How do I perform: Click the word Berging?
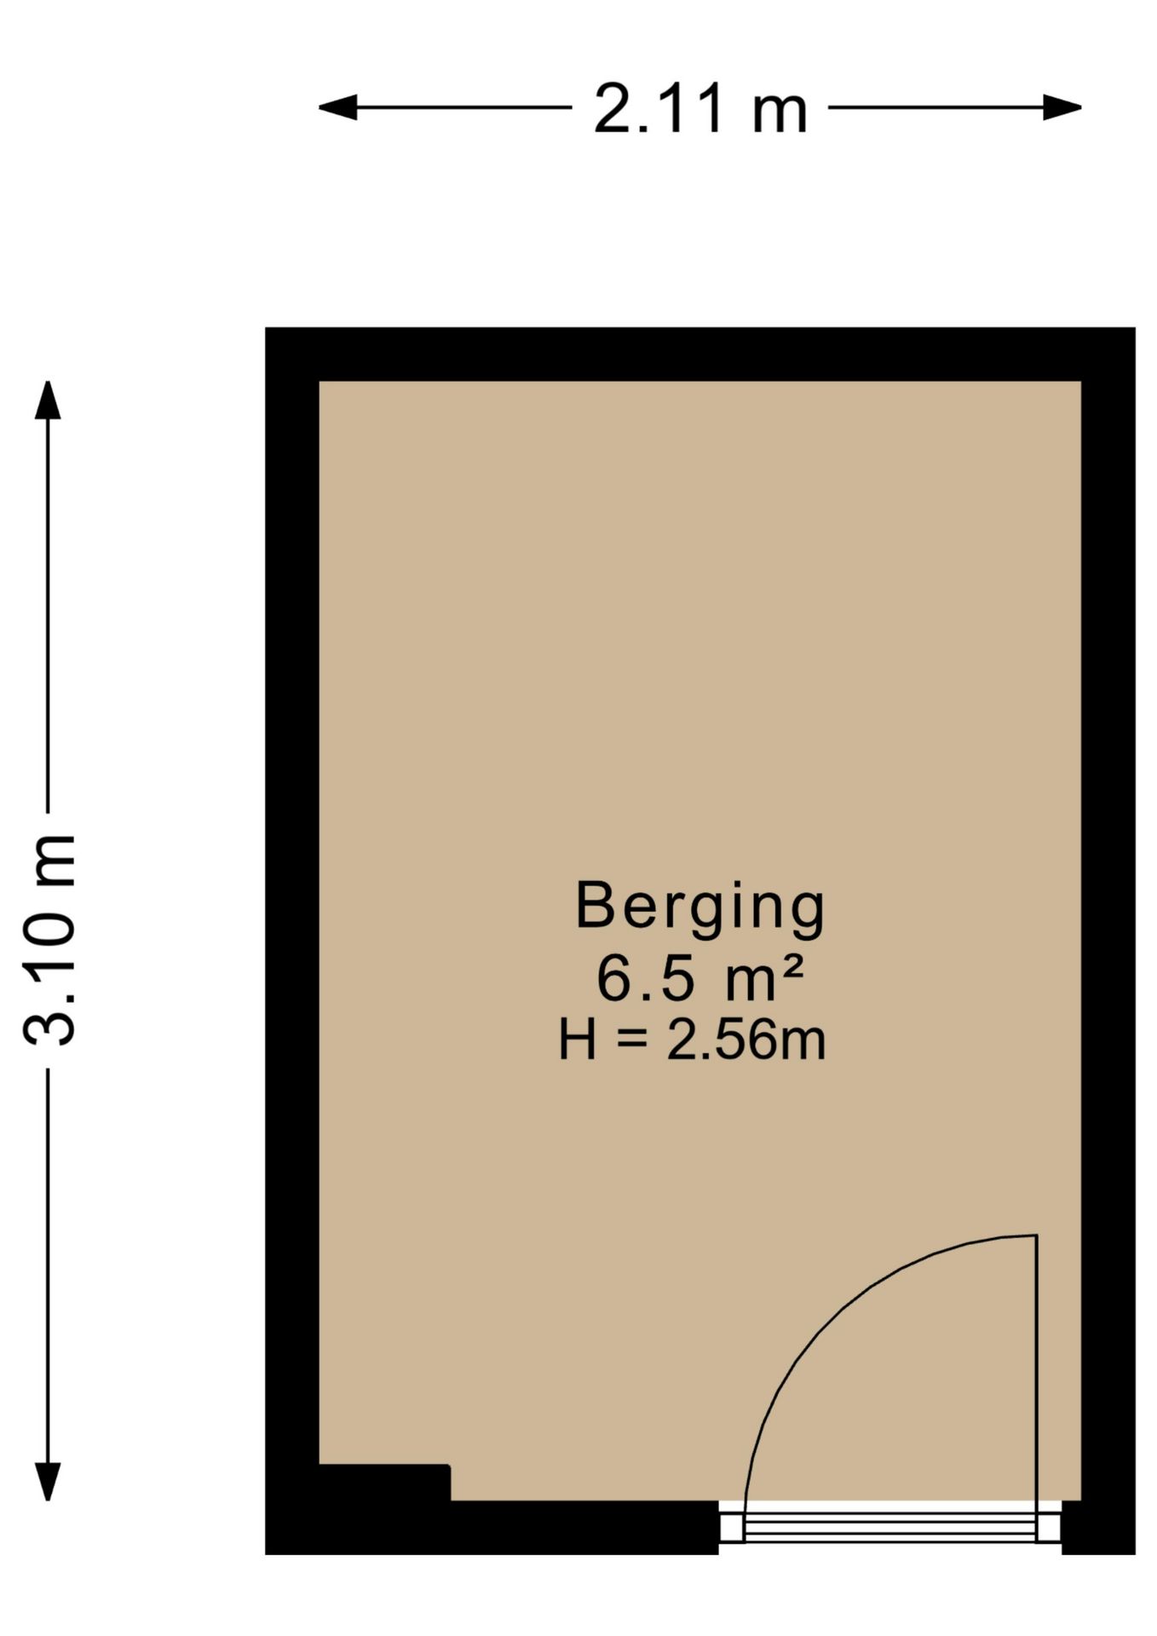click(699, 908)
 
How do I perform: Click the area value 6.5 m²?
click(699, 979)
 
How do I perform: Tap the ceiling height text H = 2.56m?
click(691, 1041)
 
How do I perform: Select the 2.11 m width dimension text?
click(699, 109)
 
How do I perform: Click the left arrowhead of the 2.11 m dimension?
click(337, 107)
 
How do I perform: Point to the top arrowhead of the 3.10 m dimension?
click(48, 400)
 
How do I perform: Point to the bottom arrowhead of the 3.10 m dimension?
click(48, 1481)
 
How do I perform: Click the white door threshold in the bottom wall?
click(889, 1523)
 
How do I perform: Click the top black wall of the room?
click(699, 354)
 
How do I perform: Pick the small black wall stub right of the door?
click(1098, 1526)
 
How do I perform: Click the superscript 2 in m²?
click(792, 966)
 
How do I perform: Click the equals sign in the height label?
click(631, 1042)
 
